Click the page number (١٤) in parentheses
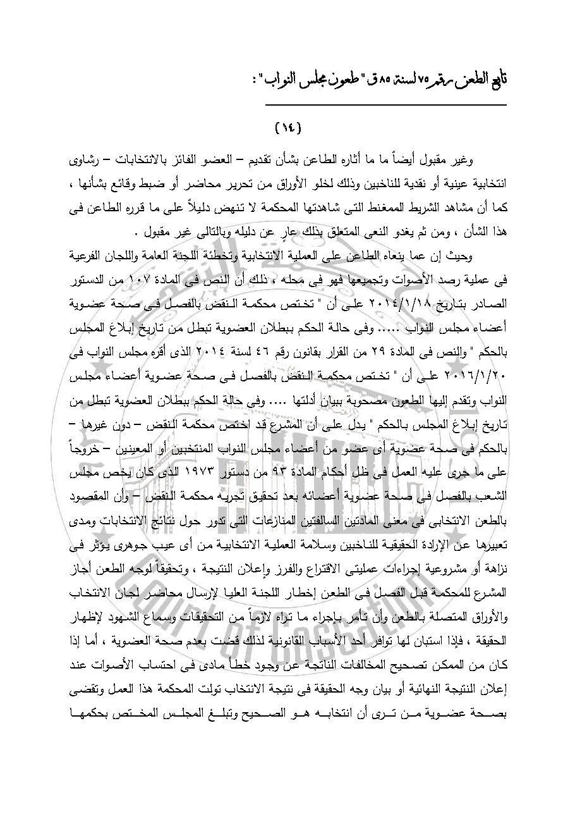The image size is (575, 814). click(x=288, y=128)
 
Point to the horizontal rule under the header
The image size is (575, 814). click(x=385, y=105)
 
